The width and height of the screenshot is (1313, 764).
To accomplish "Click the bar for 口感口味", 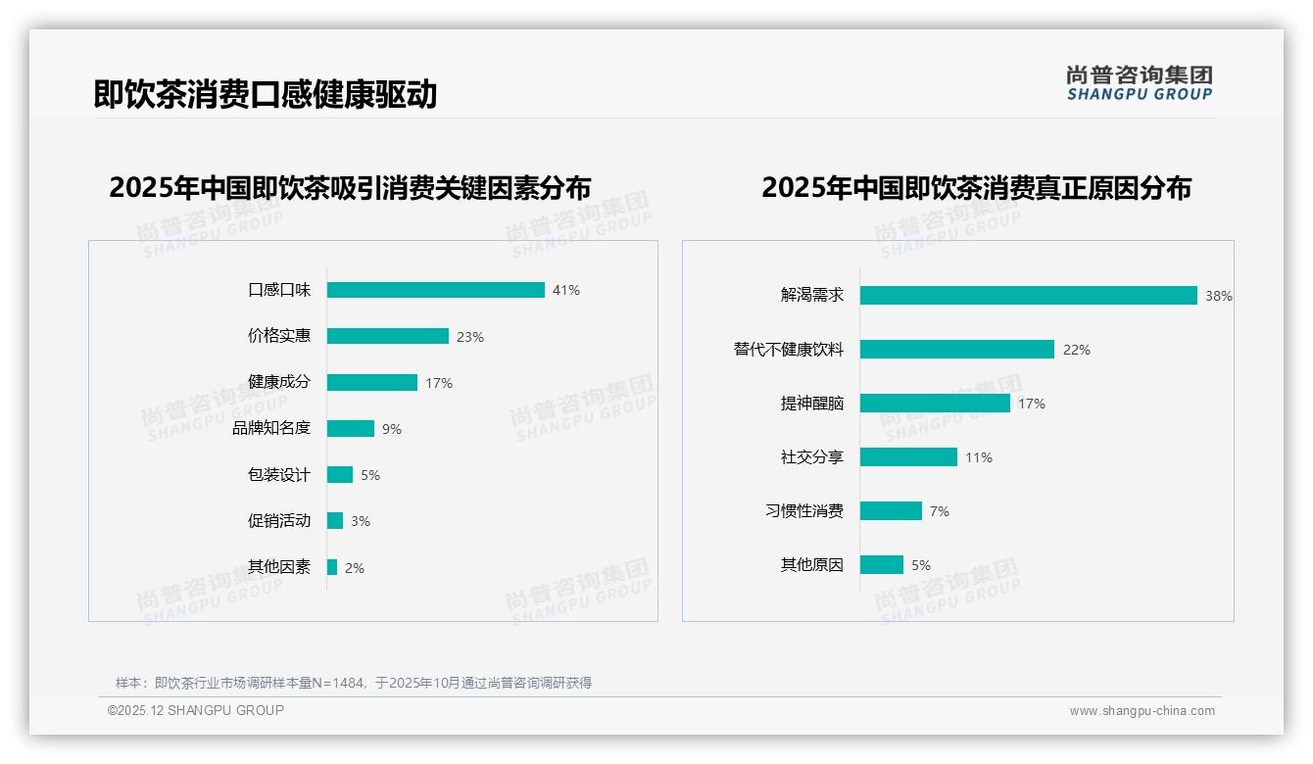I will pos(435,290).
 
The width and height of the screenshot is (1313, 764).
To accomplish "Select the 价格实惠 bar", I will pos(387,336).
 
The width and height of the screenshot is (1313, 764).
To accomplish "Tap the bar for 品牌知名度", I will pos(350,429).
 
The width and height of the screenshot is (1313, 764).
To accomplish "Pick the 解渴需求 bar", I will pos(1028,296).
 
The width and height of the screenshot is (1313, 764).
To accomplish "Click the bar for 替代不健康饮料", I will pos(956,350).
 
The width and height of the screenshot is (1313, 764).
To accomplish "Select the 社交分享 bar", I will pos(908,457).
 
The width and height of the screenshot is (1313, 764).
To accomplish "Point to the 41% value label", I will pos(565,290).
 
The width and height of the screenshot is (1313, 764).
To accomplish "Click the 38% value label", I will pos(1218,296).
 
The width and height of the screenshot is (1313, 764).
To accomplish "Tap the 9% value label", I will pos(391,429).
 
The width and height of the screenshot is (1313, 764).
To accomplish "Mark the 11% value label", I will pos(978,457).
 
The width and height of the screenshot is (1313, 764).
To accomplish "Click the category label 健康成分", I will pos(278,382).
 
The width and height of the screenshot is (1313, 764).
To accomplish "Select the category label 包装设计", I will pos(278,475).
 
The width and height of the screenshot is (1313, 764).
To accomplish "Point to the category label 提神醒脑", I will pos(811,404).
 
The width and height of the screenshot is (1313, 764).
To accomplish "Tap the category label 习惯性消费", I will pos(803,511).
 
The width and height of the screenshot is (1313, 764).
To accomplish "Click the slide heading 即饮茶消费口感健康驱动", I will pos(265,94).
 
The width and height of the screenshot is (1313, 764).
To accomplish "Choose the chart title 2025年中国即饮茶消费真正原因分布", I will pos(976,188).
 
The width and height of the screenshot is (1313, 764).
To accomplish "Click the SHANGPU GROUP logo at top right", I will pos(1139,83).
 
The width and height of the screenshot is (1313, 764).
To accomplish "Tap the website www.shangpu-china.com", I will pos(1142,711).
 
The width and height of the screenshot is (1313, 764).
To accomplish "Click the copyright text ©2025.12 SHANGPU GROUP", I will pos(195,710).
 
